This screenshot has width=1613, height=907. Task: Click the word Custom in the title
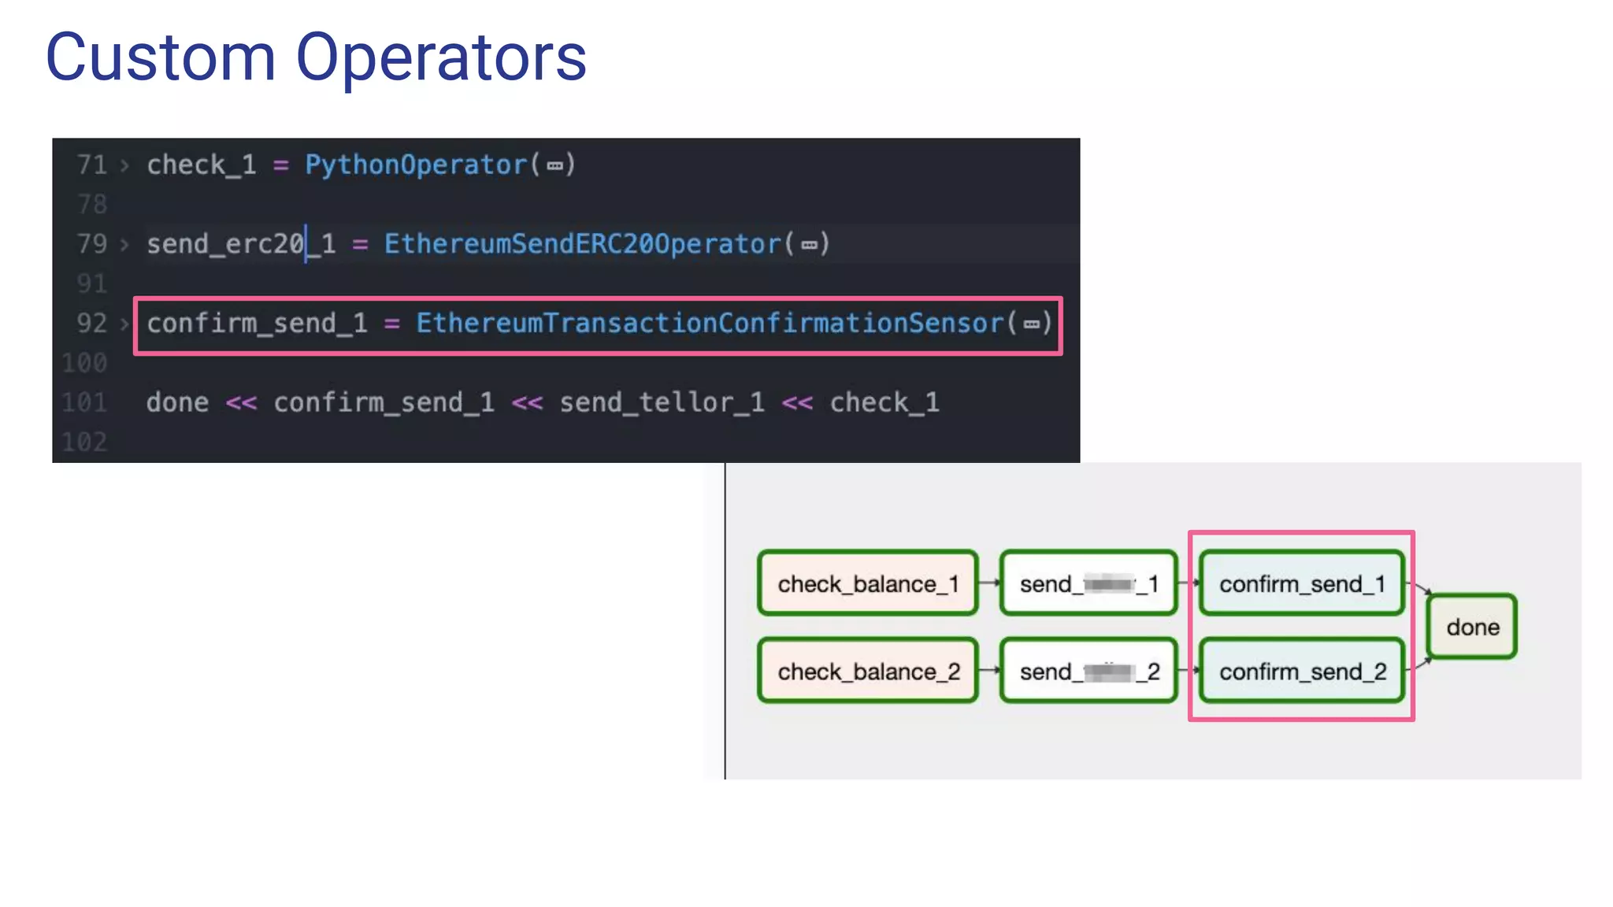click(161, 57)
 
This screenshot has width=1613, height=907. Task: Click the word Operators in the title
click(441, 57)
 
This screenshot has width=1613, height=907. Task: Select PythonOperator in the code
click(416, 165)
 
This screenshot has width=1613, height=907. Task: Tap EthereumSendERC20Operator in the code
click(583, 244)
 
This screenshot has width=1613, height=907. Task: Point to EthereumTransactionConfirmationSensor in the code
click(710, 324)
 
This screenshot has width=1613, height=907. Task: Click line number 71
click(91, 165)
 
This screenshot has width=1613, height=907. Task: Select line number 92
click(91, 324)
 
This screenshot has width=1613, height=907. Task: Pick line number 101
click(85, 402)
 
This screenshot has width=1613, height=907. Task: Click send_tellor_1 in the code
click(662, 402)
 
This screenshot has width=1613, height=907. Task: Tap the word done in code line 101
click(177, 402)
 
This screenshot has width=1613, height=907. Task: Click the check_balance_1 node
click(868, 583)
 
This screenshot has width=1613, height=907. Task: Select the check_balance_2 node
click(868, 671)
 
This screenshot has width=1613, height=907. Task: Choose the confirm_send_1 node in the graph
click(1302, 583)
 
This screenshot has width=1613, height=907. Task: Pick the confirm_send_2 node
click(1302, 671)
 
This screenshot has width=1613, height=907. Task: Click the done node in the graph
click(1472, 627)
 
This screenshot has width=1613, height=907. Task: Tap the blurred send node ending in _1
click(1088, 583)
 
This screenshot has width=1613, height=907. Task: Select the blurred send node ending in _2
click(1088, 671)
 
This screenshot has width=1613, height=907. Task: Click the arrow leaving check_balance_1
click(989, 583)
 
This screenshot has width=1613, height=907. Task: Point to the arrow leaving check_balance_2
click(989, 670)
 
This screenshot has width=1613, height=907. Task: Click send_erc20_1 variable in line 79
click(241, 244)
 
